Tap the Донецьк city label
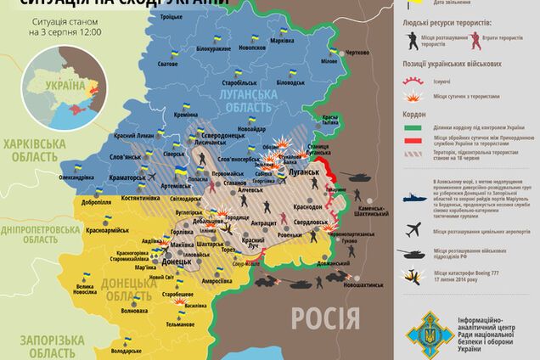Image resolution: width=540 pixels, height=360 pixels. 177,262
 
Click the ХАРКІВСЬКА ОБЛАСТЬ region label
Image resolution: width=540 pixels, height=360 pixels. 35,150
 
